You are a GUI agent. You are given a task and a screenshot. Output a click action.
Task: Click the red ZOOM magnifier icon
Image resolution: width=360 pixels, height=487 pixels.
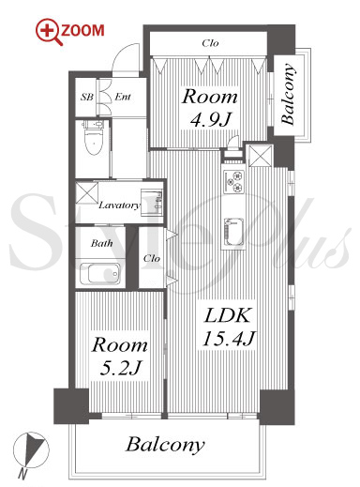(x=48, y=32)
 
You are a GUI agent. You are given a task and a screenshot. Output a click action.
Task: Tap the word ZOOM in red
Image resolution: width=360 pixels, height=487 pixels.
(x=82, y=31)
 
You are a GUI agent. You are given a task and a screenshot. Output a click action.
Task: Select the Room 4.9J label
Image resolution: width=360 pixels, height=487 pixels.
(x=210, y=108)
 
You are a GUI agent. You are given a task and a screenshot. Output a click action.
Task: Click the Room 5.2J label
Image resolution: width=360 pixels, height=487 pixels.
(x=120, y=356)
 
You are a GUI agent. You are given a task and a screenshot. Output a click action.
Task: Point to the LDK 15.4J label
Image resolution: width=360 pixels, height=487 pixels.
(x=229, y=327)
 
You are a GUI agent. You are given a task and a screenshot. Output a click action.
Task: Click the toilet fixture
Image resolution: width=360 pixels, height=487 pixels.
(x=93, y=137)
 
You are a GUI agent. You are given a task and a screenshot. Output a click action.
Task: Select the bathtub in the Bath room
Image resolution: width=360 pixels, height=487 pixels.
(x=100, y=273)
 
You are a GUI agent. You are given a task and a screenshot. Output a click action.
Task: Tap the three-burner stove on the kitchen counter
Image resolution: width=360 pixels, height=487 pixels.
(x=233, y=181)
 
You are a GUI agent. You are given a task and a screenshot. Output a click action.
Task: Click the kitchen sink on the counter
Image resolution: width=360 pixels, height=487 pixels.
(x=233, y=232)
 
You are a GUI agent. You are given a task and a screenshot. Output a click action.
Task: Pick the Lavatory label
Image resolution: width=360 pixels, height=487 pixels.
(x=120, y=205)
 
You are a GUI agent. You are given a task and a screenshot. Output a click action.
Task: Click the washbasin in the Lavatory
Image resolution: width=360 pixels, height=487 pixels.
(x=152, y=202)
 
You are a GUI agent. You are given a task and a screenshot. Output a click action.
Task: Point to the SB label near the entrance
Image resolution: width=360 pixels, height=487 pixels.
(x=87, y=97)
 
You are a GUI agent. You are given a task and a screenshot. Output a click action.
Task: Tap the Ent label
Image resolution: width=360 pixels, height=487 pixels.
(x=123, y=97)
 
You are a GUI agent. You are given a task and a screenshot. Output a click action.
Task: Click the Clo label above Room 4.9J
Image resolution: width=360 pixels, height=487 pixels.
(x=210, y=43)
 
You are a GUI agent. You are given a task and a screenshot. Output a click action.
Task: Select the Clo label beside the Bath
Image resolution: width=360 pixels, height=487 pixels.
(x=152, y=258)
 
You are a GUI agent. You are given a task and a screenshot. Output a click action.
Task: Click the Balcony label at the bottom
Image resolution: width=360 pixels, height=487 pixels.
(x=165, y=444)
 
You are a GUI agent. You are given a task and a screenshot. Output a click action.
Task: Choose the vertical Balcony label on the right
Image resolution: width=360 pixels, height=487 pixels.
(x=288, y=94)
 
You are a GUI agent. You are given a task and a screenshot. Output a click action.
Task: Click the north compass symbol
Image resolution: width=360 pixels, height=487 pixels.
(x=30, y=450)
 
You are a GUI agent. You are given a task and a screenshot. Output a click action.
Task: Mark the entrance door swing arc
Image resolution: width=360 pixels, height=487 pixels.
(x=123, y=53)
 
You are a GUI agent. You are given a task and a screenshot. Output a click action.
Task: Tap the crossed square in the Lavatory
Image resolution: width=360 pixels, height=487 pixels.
(x=87, y=193)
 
